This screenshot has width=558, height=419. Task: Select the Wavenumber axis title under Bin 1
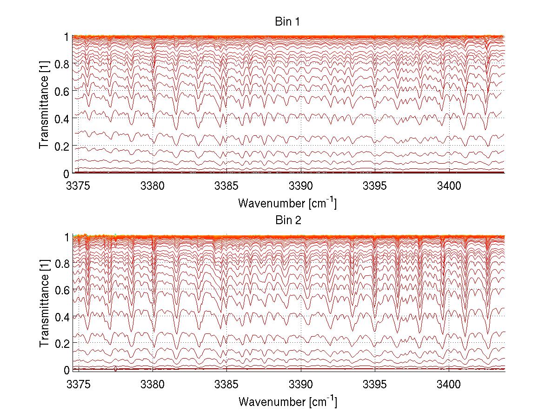pyautogui.click(x=287, y=203)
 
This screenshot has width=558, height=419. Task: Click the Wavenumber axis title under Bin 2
pyautogui.click(x=287, y=401)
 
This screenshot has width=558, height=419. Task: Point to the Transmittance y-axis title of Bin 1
pyautogui.click(x=44, y=105)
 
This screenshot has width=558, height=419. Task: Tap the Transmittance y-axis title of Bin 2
pyautogui.click(x=44, y=303)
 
